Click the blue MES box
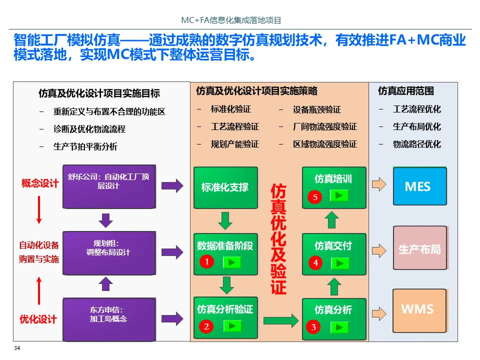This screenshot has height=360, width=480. (x=419, y=187)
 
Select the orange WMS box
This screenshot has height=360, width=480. (x=419, y=310)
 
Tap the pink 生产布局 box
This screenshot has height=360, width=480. (x=419, y=248)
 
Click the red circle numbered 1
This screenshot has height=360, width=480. (x=206, y=261)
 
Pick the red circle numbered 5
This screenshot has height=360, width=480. (x=315, y=197)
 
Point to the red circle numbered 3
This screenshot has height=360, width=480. (x=313, y=327)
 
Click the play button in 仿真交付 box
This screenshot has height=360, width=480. (x=339, y=262)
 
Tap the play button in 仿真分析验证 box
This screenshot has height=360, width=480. (x=232, y=326)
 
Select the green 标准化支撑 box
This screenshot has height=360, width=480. (x=225, y=187)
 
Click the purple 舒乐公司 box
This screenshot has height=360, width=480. (x=109, y=186)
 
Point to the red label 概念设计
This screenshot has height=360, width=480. (x=40, y=183)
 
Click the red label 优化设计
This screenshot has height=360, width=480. (x=38, y=318)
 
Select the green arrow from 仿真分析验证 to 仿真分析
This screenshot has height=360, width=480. (x=280, y=320)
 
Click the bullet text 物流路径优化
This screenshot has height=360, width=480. (x=416, y=144)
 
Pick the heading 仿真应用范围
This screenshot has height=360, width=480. (x=405, y=91)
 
